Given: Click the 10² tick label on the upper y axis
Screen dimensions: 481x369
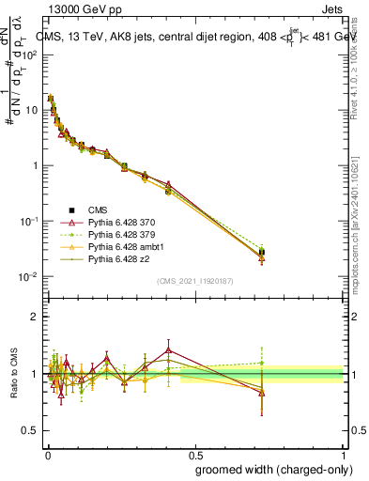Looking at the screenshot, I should pos(30,54).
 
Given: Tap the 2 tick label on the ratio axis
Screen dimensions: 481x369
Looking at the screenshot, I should pos(36,317).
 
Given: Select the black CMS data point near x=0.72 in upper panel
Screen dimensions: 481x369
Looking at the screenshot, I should pos(262,252).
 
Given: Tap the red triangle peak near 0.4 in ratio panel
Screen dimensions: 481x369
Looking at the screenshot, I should pos(168,349).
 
